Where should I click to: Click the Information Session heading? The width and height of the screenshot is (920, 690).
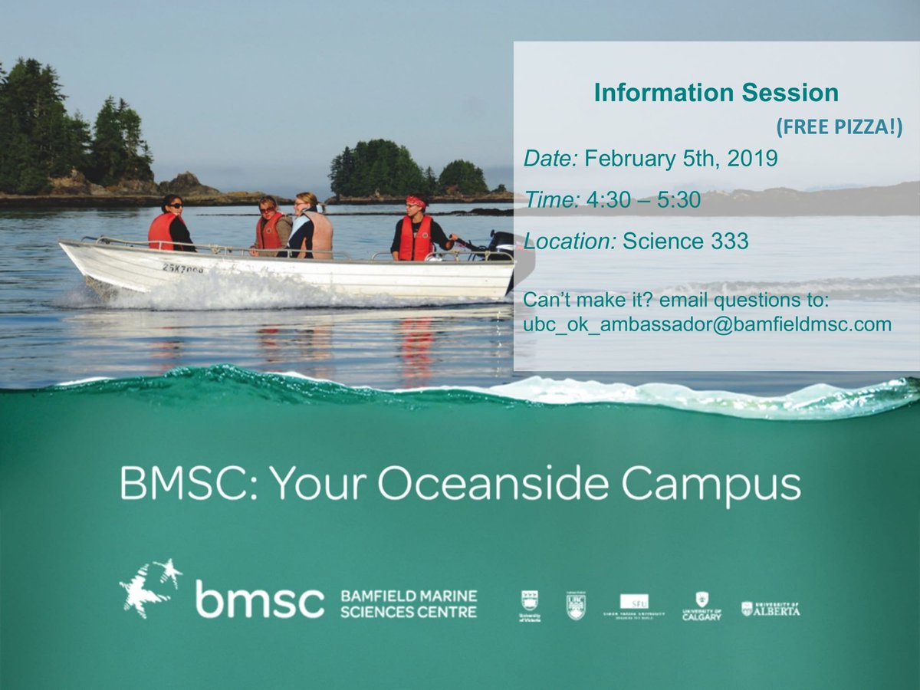(716, 94)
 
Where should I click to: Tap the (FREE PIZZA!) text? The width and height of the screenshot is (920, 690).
(839, 128)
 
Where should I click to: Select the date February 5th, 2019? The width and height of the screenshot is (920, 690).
(681, 159)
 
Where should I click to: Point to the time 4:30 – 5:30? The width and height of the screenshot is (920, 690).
(642, 200)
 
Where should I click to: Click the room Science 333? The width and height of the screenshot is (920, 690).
(685, 242)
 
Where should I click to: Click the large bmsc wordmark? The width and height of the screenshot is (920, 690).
(259, 599)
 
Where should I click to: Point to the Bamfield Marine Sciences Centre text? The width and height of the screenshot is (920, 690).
(408, 603)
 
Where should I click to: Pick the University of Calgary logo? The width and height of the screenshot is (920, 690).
(701, 605)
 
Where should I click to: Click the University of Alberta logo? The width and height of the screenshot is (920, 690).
(770, 609)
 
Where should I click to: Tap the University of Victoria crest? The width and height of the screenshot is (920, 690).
(529, 605)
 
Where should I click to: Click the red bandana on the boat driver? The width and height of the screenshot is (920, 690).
(416, 202)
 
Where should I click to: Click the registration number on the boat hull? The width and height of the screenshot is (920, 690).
(182, 268)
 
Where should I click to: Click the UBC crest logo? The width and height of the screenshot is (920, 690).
(576, 605)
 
